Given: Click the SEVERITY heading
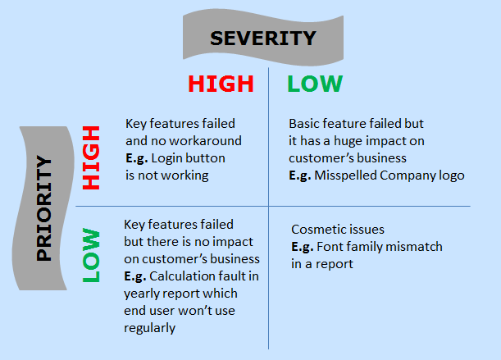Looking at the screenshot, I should point(262,38).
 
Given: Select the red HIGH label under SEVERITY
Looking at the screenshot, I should point(221,84).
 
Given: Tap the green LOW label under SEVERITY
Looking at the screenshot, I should point(315,84).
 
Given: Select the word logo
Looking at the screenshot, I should point(449,175).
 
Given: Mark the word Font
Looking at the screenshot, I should point(330,247).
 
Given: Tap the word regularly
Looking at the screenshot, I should point(150,328).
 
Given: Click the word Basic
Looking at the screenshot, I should point(305,124).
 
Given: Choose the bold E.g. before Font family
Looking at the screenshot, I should point(303,247).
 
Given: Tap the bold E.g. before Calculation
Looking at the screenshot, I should point(136,276).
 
